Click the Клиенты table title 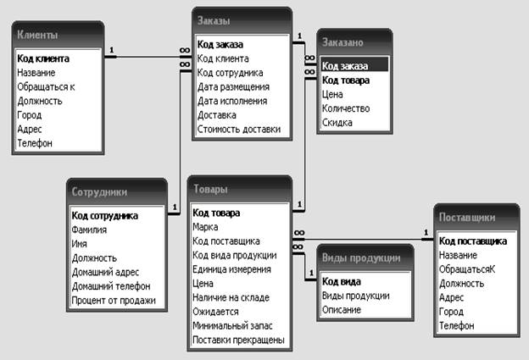[x=37, y=35]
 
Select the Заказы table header [x=214, y=20]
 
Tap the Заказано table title [x=342, y=42]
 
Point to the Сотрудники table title [x=99, y=192]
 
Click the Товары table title [x=210, y=189]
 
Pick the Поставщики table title [x=467, y=218]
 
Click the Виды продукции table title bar [x=361, y=258]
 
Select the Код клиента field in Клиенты [x=43, y=58]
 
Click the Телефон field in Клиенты [x=35, y=143]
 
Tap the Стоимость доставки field [x=239, y=129]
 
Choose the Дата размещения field [x=233, y=87]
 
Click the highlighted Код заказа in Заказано [x=345, y=66]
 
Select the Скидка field [x=337, y=122]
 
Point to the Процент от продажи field [x=114, y=301]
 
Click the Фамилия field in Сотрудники [x=89, y=230]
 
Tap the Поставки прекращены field [x=238, y=340]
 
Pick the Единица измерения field [x=231, y=269]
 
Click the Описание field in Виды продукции [x=342, y=309]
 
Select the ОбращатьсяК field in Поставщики [x=467, y=269]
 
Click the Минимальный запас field [x=232, y=325]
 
